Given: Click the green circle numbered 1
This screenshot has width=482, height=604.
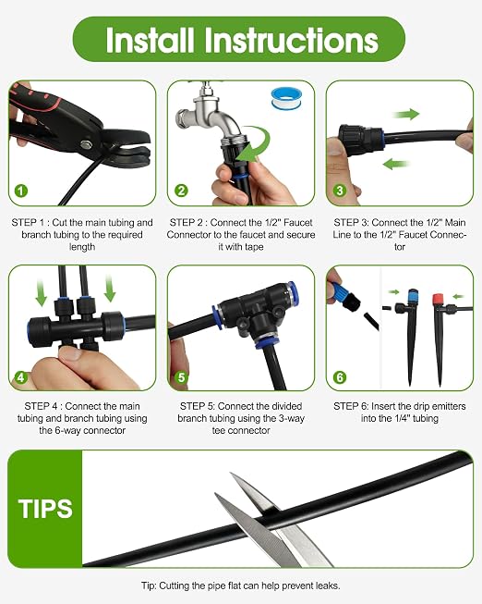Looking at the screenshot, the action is pos(21,191).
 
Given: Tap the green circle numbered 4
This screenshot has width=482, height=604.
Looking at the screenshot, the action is pos(20,377).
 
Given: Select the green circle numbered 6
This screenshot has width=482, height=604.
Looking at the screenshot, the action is pos(339,377).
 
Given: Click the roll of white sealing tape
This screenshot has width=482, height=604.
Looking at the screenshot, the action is pos(286,99).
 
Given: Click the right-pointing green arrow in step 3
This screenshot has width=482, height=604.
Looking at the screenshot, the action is pos(406,114).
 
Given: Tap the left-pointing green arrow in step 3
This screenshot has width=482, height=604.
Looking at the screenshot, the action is pos(396,164).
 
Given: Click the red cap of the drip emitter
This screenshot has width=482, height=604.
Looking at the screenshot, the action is pos(439,299).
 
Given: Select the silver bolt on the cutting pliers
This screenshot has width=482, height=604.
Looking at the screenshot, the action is pos(86,145).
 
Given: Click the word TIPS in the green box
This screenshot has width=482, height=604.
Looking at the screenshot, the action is pos(45,509).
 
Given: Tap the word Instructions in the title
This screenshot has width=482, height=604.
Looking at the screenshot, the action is pos(291,40).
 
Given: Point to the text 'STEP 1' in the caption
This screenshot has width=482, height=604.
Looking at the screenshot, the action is pos(30,223).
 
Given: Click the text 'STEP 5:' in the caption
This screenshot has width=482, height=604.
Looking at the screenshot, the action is pos(198,406).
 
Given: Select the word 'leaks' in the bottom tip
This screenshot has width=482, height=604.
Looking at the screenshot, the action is pos(328,586).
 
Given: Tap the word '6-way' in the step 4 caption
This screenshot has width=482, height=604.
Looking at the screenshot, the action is pos(66,430).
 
